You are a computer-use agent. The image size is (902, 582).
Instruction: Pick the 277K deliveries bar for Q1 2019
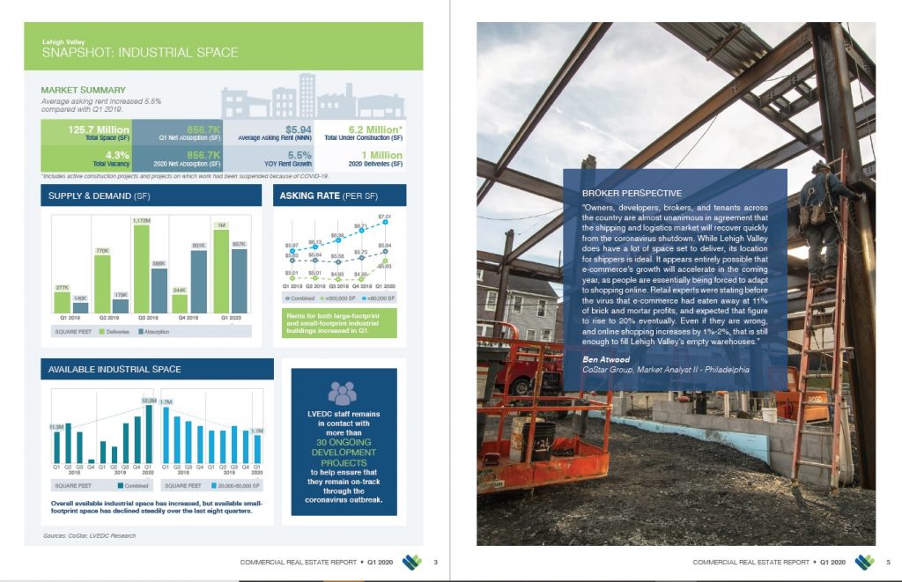pyautogui.click(x=62, y=302)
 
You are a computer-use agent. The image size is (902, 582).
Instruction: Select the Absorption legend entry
pyautogui.click(x=155, y=332)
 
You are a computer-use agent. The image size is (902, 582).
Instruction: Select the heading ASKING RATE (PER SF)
pyautogui.click(x=322, y=195)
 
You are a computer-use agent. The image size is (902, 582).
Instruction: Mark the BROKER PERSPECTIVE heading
pyautogui.click(x=632, y=193)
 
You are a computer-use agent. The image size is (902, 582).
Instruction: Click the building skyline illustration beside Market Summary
pyautogui.click(x=312, y=99)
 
